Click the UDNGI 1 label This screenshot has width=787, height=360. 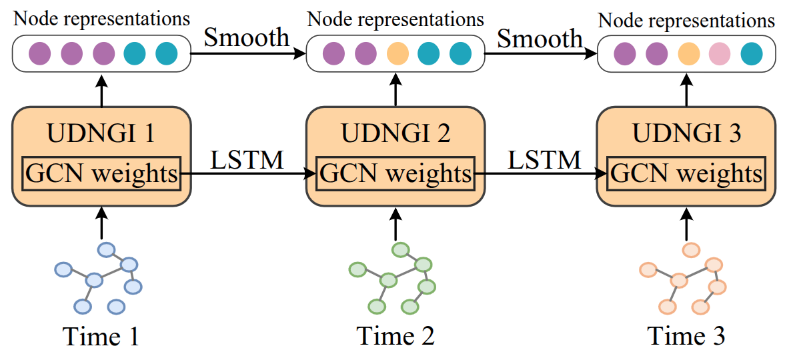pos(101,134)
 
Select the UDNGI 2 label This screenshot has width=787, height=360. pos(396,134)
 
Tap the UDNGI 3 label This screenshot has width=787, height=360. pos(686,134)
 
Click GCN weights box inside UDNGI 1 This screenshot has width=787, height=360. pos(101,175)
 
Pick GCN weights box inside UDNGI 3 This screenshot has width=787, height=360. pos(686,175)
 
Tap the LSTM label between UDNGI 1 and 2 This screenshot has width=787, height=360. pos(247,160)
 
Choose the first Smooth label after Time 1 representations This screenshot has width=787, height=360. pos(247,37)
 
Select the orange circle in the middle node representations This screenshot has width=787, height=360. pos(396,54)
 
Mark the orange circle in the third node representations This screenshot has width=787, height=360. pos(688,54)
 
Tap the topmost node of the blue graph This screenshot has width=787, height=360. pos(107,249)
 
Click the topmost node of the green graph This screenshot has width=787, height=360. pos(400,249)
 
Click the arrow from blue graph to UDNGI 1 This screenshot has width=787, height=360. pos(101,222)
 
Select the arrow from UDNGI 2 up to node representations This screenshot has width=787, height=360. pos(396,89)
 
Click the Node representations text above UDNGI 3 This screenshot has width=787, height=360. pos(686,21)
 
